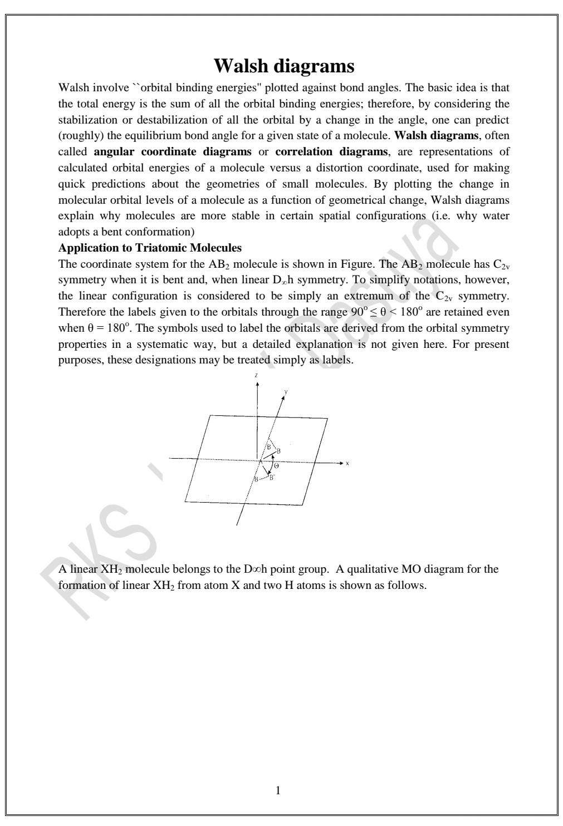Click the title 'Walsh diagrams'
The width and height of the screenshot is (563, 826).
[284, 66]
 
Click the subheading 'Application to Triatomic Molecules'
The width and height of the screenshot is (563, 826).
[150, 248]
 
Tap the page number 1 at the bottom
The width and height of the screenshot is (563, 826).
[278, 790]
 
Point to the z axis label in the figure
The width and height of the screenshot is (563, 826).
[256, 376]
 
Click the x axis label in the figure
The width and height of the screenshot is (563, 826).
[347, 463]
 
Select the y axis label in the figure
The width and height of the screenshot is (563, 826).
[286, 392]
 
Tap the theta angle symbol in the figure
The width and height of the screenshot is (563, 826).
[276, 465]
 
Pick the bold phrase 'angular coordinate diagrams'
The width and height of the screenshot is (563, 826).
[173, 152]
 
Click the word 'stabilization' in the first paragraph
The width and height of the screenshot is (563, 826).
[84, 120]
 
